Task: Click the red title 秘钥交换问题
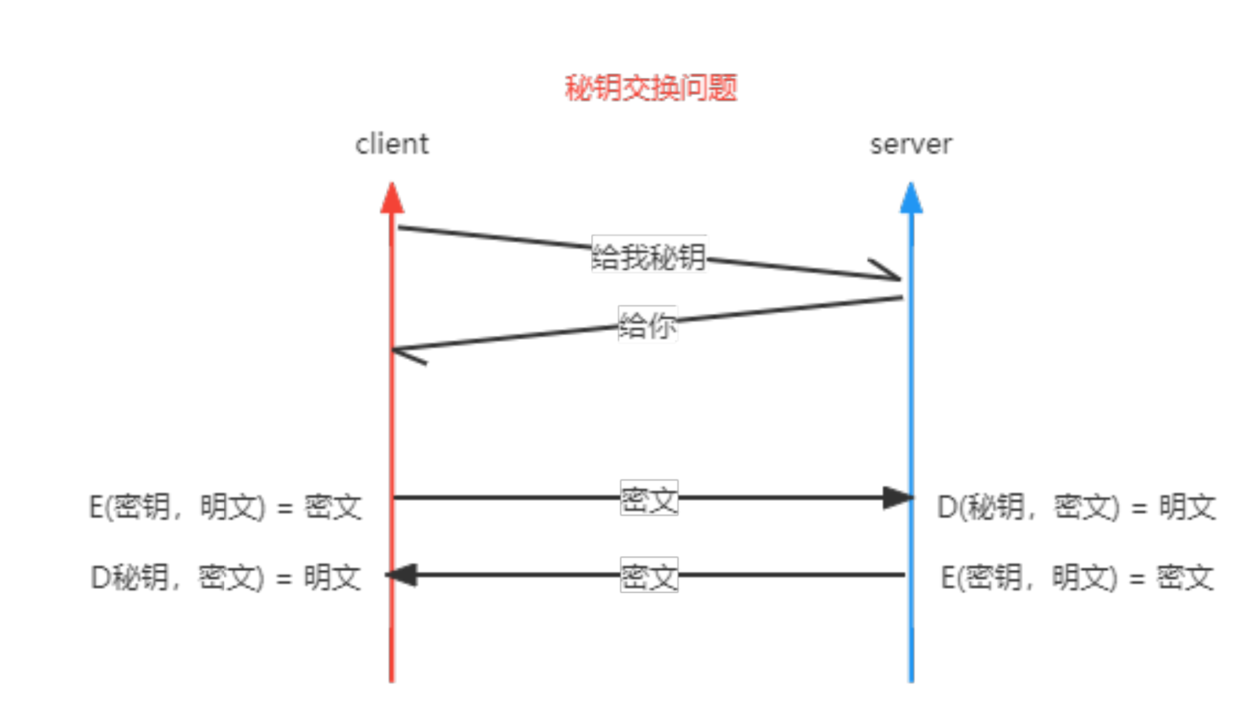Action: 651,88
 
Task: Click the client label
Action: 392,145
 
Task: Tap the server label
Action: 910,145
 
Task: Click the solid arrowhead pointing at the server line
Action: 898,497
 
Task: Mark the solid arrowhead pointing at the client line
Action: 401,575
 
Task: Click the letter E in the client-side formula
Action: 97,507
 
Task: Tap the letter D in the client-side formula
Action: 101,578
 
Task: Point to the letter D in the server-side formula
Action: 947,507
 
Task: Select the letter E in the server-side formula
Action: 948,578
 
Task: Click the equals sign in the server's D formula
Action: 1138,509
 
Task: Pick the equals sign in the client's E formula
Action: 285,509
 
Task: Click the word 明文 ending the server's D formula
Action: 1187,507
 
